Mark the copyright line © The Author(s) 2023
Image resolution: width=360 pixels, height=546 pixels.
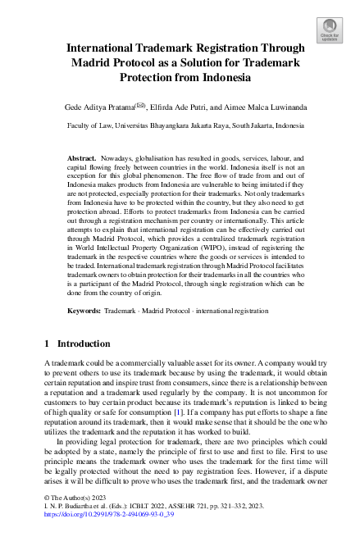click(x=73, y=520)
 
